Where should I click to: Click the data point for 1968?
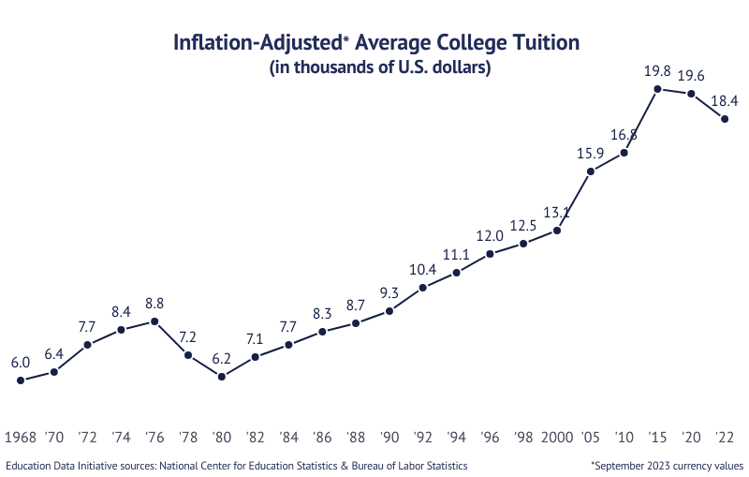coord(21,380)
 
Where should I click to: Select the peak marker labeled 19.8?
coord(657,89)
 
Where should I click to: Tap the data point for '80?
coord(222,377)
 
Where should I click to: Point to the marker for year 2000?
coord(557,230)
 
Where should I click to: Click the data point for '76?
coord(154,321)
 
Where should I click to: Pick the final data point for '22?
coord(725,118)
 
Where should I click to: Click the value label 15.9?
coord(590,154)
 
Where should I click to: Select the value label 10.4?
coord(423,269)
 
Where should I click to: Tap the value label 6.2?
coord(222,358)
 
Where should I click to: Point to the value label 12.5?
coord(523,225)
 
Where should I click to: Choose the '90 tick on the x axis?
coord(389,438)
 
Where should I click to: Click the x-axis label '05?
coord(591,438)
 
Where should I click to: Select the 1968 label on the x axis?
coord(21,438)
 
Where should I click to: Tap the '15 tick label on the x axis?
coord(657,438)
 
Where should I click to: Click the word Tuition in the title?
coord(544,43)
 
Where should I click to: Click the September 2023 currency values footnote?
coord(667,465)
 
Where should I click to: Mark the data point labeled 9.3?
coord(389,310)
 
